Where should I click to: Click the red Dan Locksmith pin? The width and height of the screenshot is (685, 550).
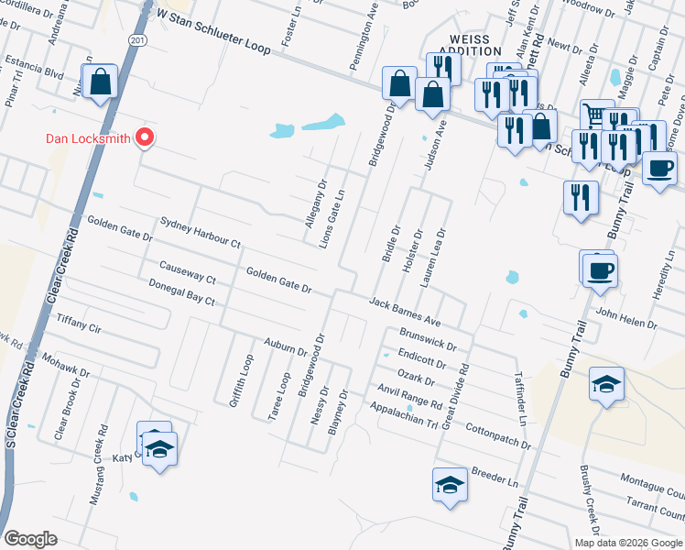(x=144, y=137)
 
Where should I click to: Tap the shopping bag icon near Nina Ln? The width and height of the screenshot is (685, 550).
(x=100, y=82)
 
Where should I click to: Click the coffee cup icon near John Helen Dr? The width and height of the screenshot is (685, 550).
(x=601, y=271)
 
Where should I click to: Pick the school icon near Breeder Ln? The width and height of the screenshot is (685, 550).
(x=450, y=485)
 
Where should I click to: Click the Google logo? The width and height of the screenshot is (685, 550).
(x=30, y=539)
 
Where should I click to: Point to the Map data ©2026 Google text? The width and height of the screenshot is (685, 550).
(x=628, y=543)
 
